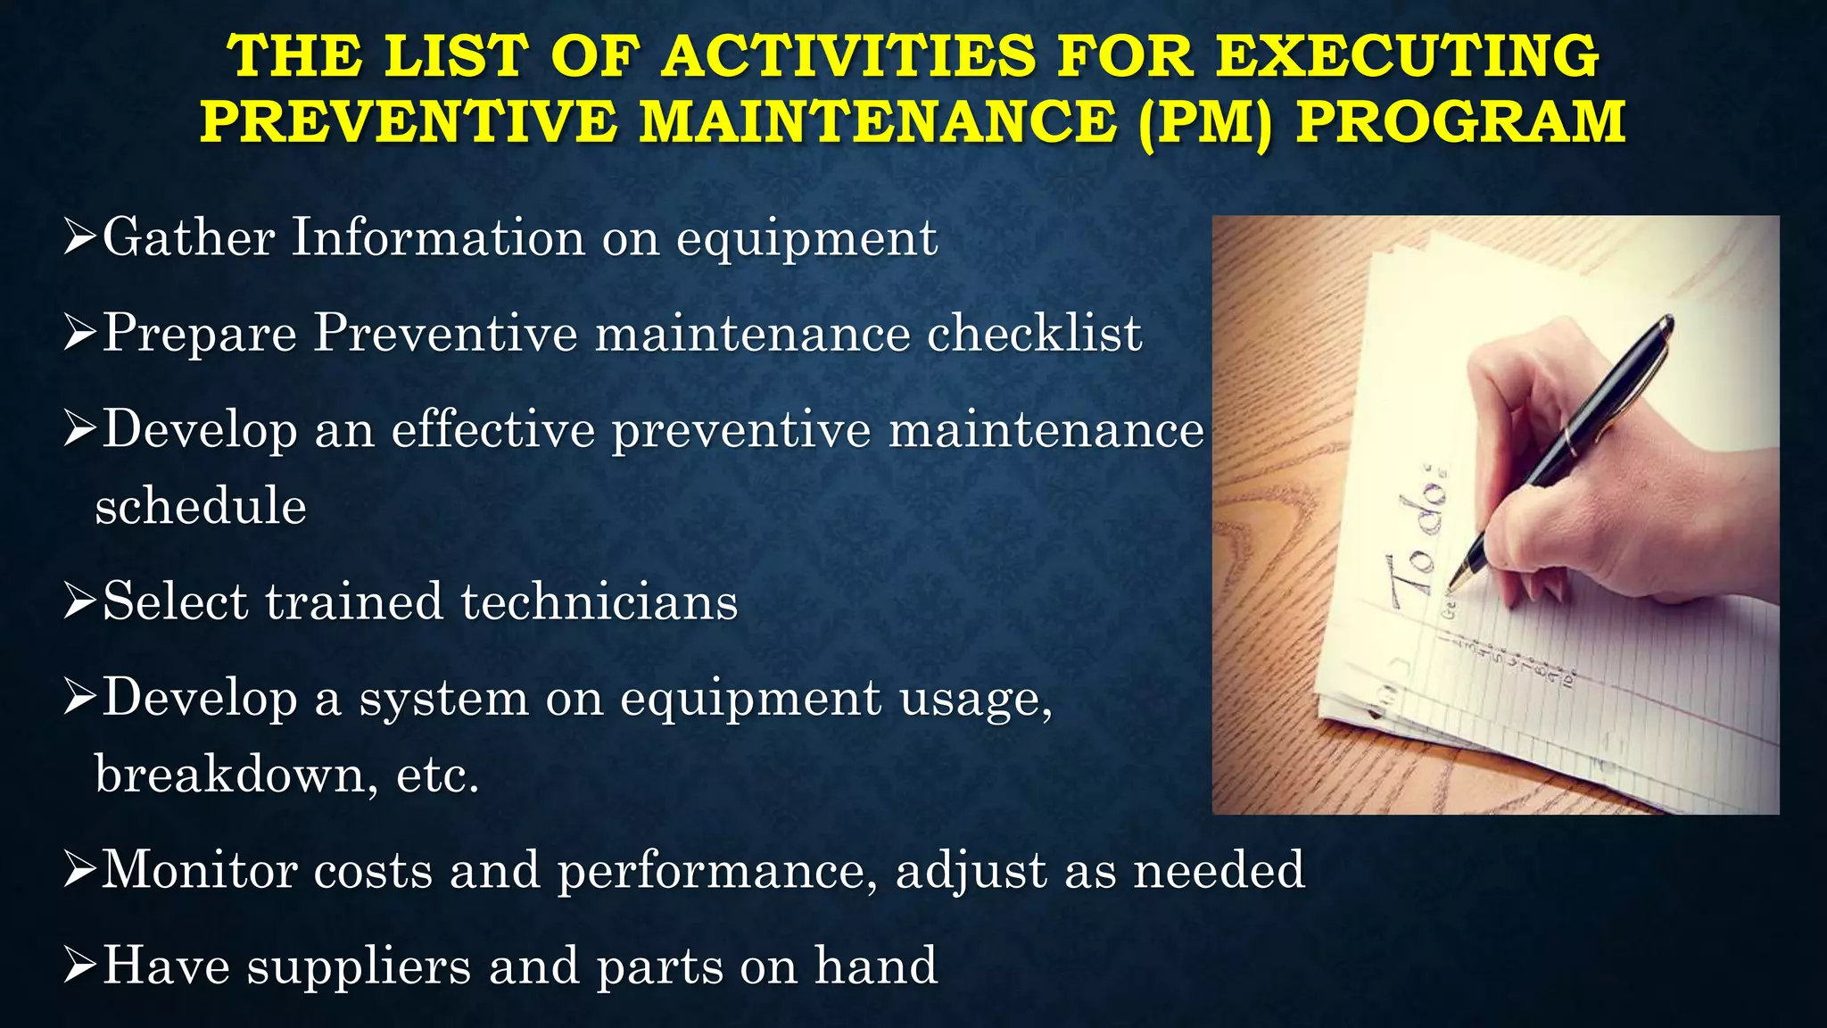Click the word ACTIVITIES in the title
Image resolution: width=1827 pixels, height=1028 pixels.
click(850, 56)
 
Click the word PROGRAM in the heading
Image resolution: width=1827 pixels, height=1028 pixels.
click(1460, 122)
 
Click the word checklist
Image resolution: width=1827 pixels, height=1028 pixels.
click(1034, 334)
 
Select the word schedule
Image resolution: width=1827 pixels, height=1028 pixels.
click(201, 506)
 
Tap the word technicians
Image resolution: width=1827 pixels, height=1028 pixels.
click(599, 601)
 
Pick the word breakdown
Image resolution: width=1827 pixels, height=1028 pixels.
click(227, 774)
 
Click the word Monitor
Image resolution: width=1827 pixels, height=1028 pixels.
click(198, 869)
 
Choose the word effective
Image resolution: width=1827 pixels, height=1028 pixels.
click(492, 430)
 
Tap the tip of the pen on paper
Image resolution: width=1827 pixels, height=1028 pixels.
click(1451, 588)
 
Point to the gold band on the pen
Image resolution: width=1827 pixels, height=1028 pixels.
click(1571, 441)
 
